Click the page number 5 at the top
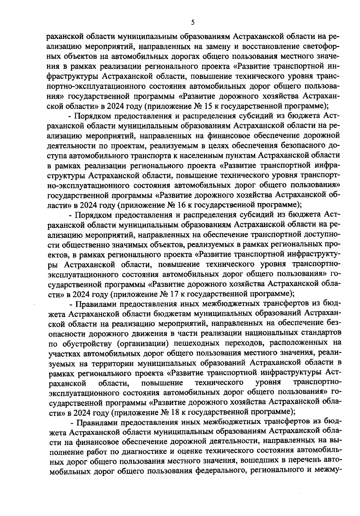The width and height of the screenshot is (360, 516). [193, 22]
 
